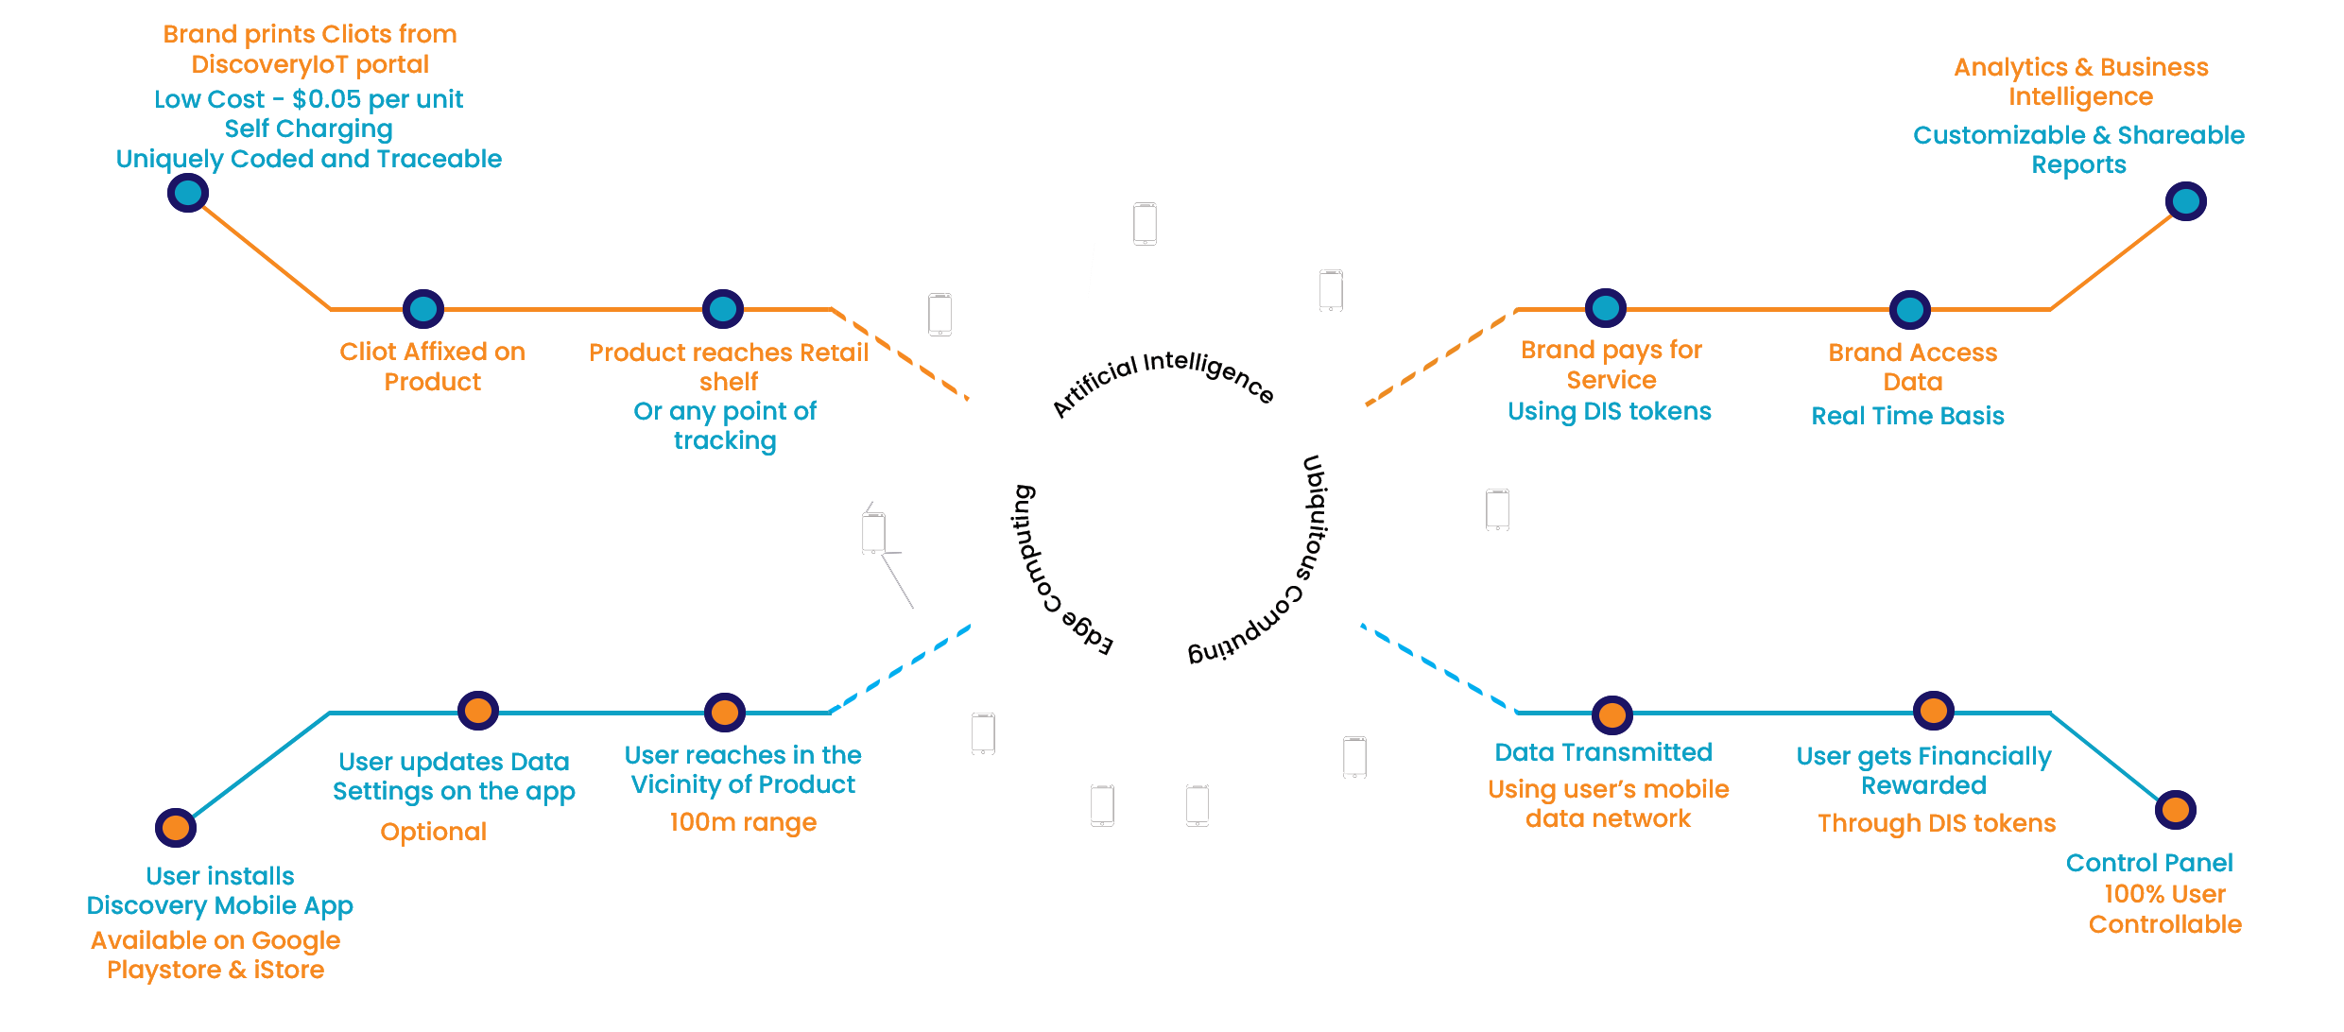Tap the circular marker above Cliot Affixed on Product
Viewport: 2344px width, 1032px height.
pos(423,308)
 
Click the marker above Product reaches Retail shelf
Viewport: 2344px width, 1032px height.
pos(723,308)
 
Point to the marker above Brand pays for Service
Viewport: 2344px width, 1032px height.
pos(1606,307)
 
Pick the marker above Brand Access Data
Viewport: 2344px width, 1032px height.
pos(1909,309)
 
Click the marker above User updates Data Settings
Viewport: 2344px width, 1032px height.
pos(478,710)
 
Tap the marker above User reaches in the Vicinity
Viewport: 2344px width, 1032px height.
pos(725,712)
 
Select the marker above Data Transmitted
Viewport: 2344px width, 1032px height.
pos(1612,715)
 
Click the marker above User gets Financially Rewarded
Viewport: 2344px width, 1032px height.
pos(1933,710)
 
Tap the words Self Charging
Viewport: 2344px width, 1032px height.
pos(309,129)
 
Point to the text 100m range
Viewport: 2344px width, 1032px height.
pos(743,822)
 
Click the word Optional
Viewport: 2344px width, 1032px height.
pos(433,832)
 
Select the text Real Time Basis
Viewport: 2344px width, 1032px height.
pos(1907,416)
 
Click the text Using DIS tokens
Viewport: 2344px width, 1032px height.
pos(1610,411)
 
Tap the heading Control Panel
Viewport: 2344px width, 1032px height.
pos(2149,863)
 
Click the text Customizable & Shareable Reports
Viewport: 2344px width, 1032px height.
pos(2078,149)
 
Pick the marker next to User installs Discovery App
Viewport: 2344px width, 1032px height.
pos(176,828)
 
